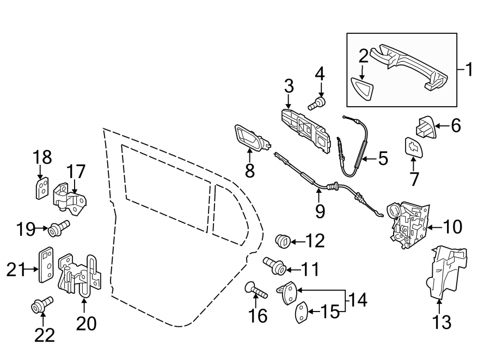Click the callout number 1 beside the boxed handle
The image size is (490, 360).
(x=469, y=69)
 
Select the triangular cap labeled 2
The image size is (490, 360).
(x=363, y=89)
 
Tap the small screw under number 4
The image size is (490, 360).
(x=316, y=103)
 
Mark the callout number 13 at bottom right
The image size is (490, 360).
(x=442, y=322)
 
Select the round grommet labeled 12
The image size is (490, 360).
(x=283, y=241)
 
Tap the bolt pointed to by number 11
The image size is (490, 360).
(x=274, y=265)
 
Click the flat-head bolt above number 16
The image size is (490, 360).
(x=255, y=290)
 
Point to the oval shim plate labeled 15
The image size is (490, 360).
(x=301, y=312)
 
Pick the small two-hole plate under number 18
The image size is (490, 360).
(x=41, y=188)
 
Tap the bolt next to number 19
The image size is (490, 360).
(x=58, y=228)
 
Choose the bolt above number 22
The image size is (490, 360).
(x=42, y=304)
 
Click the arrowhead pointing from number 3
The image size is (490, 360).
(x=289, y=106)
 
